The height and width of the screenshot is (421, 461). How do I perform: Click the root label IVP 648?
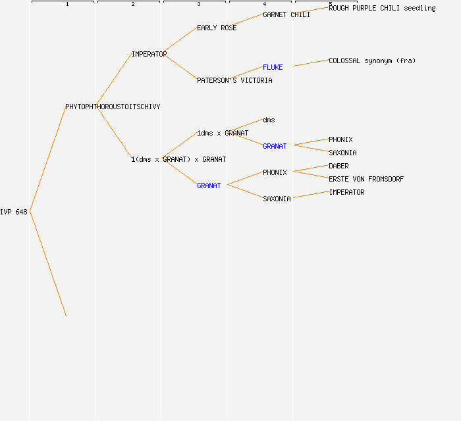(14, 212)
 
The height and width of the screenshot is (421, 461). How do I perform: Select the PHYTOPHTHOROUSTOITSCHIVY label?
(113, 107)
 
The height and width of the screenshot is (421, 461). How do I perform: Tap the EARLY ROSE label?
(217, 28)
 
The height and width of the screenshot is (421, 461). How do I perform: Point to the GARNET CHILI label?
(286, 14)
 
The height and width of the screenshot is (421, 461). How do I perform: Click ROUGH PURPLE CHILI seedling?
(382, 8)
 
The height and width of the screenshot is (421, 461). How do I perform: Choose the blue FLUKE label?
(273, 67)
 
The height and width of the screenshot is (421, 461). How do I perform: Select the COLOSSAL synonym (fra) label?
(372, 61)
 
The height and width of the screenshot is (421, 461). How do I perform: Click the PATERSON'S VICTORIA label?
(234, 80)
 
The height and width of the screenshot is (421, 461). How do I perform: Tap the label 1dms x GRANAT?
(223, 133)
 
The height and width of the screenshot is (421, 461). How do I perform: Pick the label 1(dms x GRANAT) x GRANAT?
(178, 159)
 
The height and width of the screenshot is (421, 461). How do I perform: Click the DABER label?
(339, 166)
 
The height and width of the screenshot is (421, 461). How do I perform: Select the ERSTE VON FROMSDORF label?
(366, 179)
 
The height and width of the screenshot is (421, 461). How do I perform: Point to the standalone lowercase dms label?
(269, 120)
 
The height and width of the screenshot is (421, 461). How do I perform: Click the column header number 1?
(67, 5)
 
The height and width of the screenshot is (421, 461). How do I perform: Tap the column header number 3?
(198, 5)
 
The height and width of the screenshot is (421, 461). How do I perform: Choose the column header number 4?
(264, 5)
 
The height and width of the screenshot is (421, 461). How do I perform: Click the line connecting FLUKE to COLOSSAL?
(311, 64)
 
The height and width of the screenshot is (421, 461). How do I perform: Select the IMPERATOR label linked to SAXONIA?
(346, 192)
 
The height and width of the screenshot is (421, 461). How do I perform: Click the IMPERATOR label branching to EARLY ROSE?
(149, 54)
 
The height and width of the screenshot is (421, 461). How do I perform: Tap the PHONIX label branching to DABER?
(275, 172)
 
